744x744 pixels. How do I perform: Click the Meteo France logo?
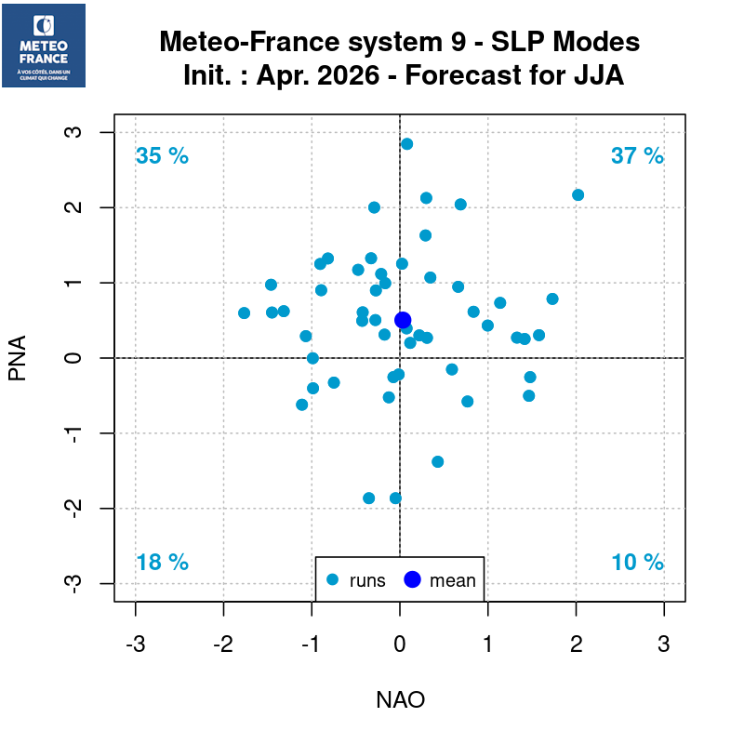tap(44, 46)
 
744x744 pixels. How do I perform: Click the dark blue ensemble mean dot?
tap(403, 320)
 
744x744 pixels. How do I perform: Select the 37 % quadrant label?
tap(637, 156)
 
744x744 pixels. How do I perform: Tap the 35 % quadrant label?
tap(162, 156)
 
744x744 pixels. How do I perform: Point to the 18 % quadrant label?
tap(162, 563)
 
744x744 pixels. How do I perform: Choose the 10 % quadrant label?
tap(637, 563)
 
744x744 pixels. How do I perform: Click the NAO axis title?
tap(400, 700)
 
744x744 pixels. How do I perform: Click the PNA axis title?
tap(18, 358)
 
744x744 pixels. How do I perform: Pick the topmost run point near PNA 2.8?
tap(406, 144)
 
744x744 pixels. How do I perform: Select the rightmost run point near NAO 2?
tap(578, 195)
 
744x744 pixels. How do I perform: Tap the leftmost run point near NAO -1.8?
tap(244, 313)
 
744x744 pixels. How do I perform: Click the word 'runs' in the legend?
tap(367, 581)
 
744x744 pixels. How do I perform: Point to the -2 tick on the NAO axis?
tap(223, 644)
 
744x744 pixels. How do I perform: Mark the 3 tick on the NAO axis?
tap(664, 644)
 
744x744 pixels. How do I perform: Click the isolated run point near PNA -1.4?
tap(437, 461)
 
